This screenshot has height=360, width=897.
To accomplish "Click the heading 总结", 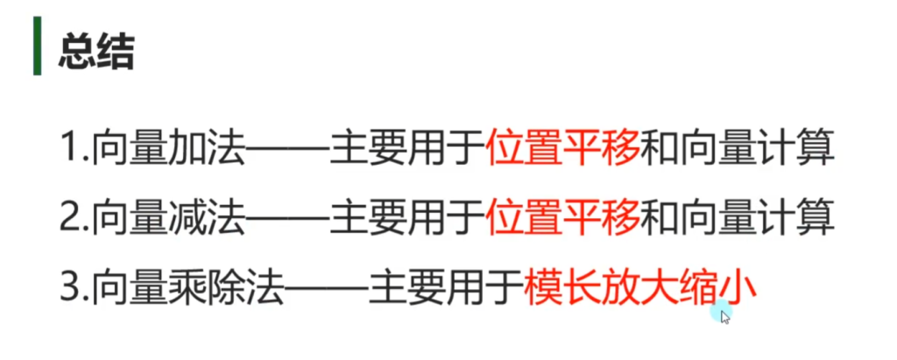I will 96,53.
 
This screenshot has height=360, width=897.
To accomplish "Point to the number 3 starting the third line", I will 70,288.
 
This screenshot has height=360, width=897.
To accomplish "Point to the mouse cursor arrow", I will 725,316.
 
